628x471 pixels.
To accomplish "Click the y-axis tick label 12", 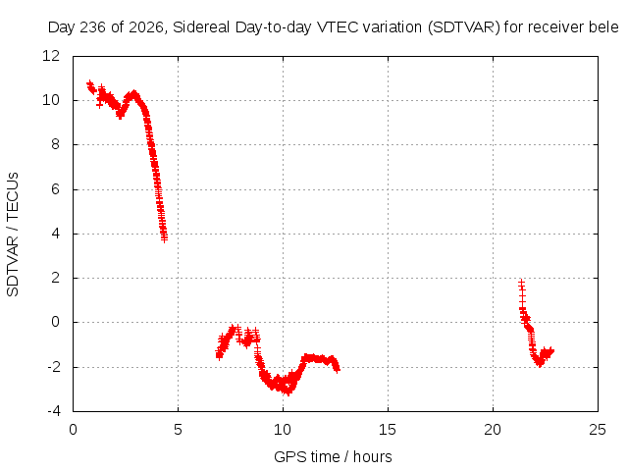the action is pyautogui.click(x=51, y=56).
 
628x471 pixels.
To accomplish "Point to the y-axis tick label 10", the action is pyautogui.click(x=51, y=100).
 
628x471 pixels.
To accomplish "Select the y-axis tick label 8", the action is pyautogui.click(x=55, y=144).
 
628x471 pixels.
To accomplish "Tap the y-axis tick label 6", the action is pyautogui.click(x=55, y=189).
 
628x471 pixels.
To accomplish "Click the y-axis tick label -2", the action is pyautogui.click(x=53, y=366).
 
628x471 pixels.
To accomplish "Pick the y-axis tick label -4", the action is pyautogui.click(x=53, y=411).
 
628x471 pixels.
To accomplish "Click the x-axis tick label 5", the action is pyautogui.click(x=178, y=430).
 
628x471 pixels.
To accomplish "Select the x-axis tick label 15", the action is pyautogui.click(x=388, y=430).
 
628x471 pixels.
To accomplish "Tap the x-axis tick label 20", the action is pyautogui.click(x=493, y=430).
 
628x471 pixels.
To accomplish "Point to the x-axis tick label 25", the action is pyautogui.click(x=598, y=430).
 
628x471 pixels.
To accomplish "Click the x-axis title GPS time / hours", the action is pyautogui.click(x=333, y=457).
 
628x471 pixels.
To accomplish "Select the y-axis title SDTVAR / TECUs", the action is pyautogui.click(x=13, y=235).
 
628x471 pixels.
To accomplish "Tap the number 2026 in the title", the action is pyautogui.click(x=146, y=27).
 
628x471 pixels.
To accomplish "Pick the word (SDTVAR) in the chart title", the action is pyautogui.click(x=464, y=27).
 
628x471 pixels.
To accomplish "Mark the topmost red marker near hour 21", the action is pyautogui.click(x=521, y=283).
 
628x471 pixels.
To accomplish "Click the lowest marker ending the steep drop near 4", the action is pyautogui.click(x=164, y=239).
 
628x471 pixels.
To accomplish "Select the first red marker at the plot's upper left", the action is pyautogui.click(x=89, y=82).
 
